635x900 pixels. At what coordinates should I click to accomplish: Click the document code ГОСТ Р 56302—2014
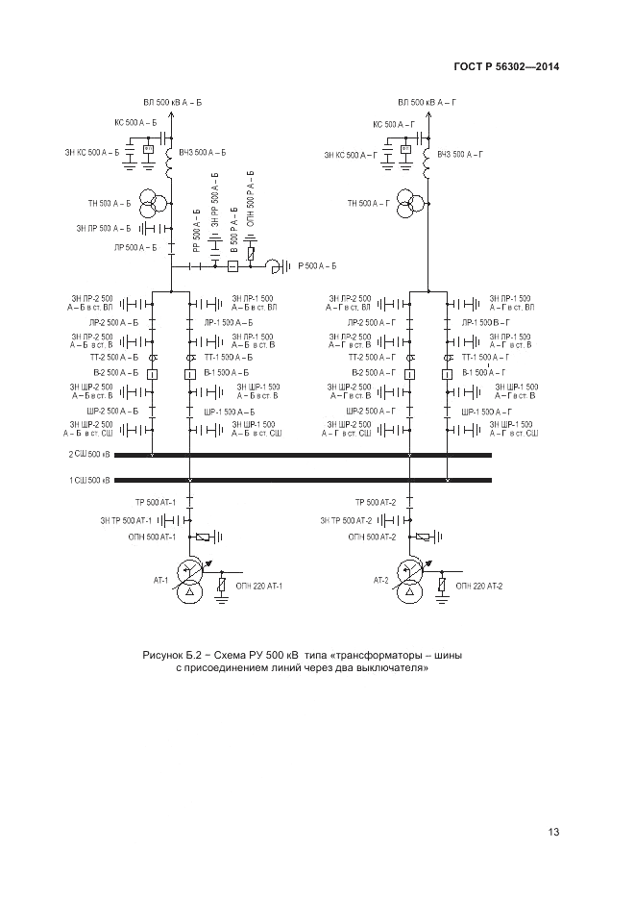(x=506, y=66)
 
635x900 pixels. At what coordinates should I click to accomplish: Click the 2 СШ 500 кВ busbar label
(x=89, y=455)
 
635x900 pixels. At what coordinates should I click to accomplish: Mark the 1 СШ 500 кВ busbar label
(x=89, y=480)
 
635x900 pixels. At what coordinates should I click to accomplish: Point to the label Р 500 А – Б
(x=317, y=264)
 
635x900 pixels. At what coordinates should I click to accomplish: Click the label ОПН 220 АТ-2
(x=478, y=586)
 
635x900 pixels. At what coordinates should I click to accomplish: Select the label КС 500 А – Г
(x=394, y=124)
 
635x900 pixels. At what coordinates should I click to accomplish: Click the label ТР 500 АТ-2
(x=376, y=503)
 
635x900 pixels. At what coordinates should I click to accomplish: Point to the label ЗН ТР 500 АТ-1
(x=127, y=520)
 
